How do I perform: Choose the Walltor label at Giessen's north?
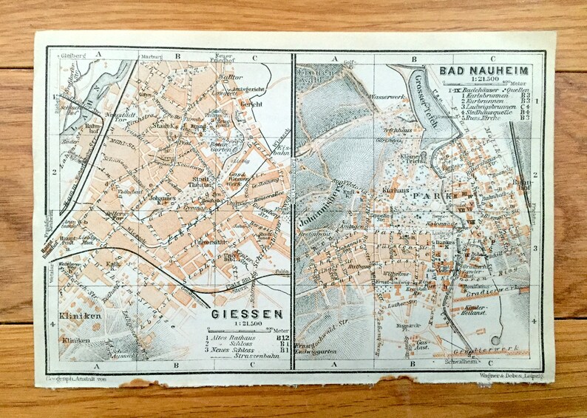coord(231,76)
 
